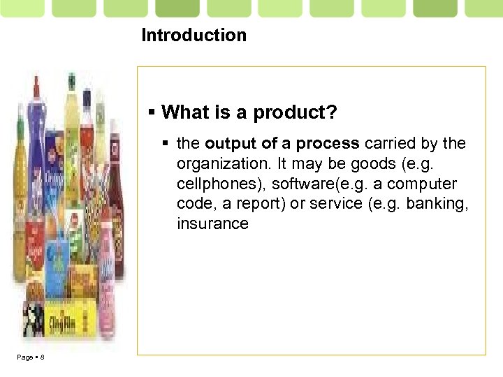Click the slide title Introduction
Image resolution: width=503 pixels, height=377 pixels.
(x=194, y=35)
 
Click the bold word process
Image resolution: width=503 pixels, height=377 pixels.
(x=328, y=144)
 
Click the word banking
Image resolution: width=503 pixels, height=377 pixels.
(x=436, y=204)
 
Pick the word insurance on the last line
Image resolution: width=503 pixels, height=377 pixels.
(x=212, y=224)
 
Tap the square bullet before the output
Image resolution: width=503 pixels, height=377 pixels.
(x=166, y=145)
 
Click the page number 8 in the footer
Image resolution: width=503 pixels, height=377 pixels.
(x=42, y=357)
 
